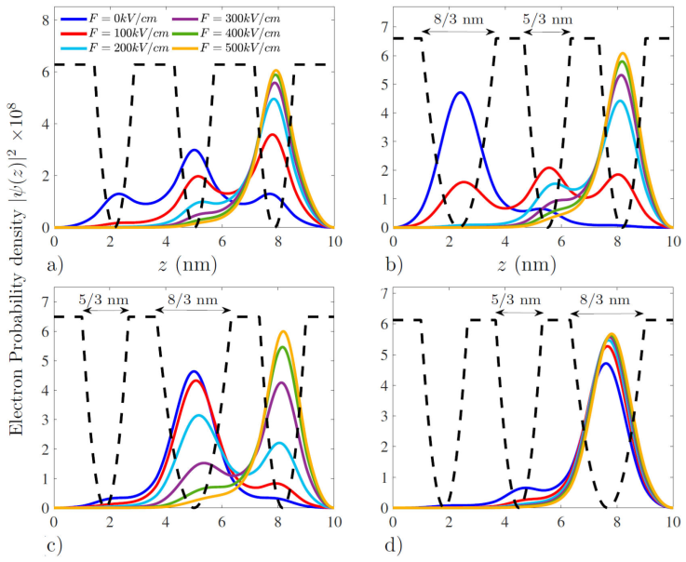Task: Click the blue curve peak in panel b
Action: pyautogui.click(x=460, y=92)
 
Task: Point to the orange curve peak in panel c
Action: pyautogui.click(x=283, y=331)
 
